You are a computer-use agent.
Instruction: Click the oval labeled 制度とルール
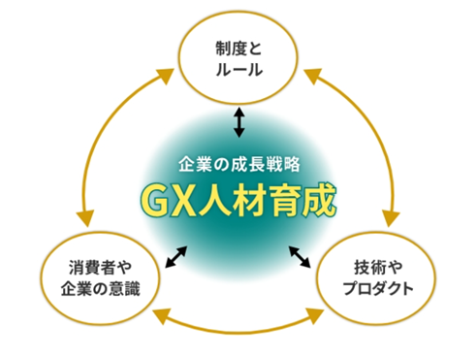pos(238,59)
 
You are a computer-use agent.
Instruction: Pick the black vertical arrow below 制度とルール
pos(238,121)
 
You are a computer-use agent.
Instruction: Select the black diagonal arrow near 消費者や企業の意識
pos(176,256)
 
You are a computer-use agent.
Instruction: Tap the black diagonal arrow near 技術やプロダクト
pos(301,256)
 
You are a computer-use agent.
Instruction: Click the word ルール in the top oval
pos(238,70)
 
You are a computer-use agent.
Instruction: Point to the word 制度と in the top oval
pos(238,48)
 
